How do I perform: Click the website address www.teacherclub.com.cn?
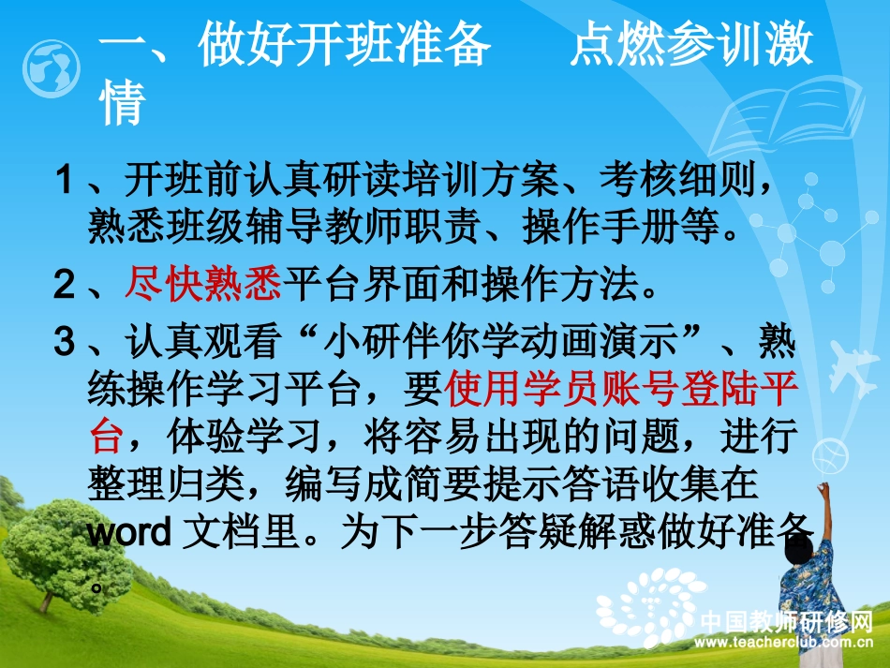(786, 643)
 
